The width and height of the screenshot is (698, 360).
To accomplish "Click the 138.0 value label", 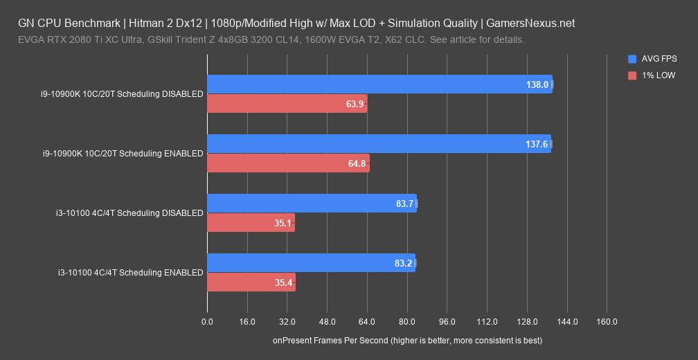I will click(537, 84).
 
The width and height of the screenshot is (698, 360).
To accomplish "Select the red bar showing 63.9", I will click(287, 104).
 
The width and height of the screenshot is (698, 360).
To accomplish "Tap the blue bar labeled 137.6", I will click(379, 144).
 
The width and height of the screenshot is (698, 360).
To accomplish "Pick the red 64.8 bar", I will click(288, 163).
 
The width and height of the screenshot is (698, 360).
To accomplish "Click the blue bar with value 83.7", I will click(312, 204).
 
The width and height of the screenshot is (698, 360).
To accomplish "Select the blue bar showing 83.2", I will click(311, 263).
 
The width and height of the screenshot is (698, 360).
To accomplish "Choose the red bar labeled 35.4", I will click(251, 282).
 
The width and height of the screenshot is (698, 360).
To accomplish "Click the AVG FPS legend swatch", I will click(632, 59).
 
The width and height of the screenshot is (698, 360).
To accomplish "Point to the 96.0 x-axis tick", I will click(447, 322).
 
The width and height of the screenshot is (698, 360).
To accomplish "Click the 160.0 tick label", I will click(607, 322).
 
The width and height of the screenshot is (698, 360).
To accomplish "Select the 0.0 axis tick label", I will click(207, 322).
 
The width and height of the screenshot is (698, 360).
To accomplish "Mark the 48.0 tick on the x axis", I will click(327, 322).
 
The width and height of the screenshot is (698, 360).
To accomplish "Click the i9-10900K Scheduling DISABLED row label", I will click(122, 94).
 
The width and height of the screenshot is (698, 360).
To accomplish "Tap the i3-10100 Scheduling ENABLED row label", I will click(130, 273).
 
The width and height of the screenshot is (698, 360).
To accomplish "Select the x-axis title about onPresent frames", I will click(407, 341).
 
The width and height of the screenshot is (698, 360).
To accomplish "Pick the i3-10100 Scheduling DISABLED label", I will click(129, 213).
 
